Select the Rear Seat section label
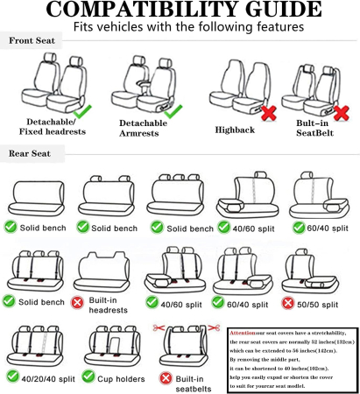click(31, 154)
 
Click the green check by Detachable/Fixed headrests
click(82, 112)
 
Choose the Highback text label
click(234, 130)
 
